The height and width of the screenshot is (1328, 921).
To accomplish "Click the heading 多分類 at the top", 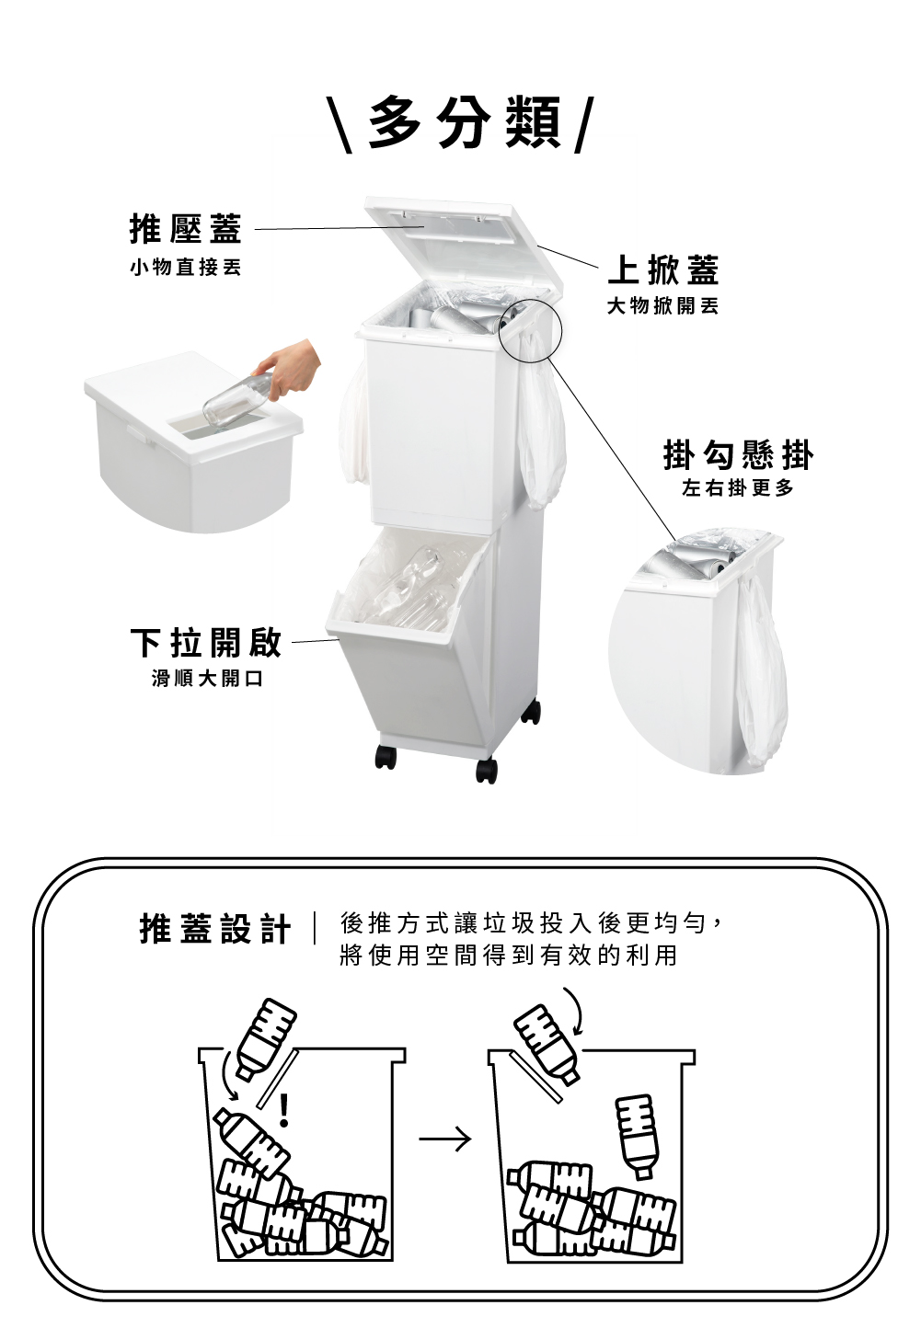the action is coord(465,123).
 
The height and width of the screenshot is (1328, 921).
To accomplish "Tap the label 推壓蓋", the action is coord(186,229).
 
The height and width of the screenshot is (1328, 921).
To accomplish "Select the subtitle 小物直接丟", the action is coord(186,268).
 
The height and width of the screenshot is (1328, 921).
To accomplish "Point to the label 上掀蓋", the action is coord(663,269).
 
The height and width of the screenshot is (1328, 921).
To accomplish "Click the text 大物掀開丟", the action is coord(663,306).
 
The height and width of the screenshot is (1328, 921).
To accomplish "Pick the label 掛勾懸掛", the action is coord(738,454).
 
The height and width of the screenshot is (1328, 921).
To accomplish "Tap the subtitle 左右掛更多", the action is coord(738,488).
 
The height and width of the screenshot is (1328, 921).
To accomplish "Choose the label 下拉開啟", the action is coord(206,642).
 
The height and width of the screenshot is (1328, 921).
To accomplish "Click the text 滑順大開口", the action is coord(207,678).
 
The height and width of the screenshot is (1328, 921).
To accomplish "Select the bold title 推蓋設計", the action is coord(215,929).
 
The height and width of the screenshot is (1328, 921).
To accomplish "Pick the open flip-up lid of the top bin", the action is coord(463,249).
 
